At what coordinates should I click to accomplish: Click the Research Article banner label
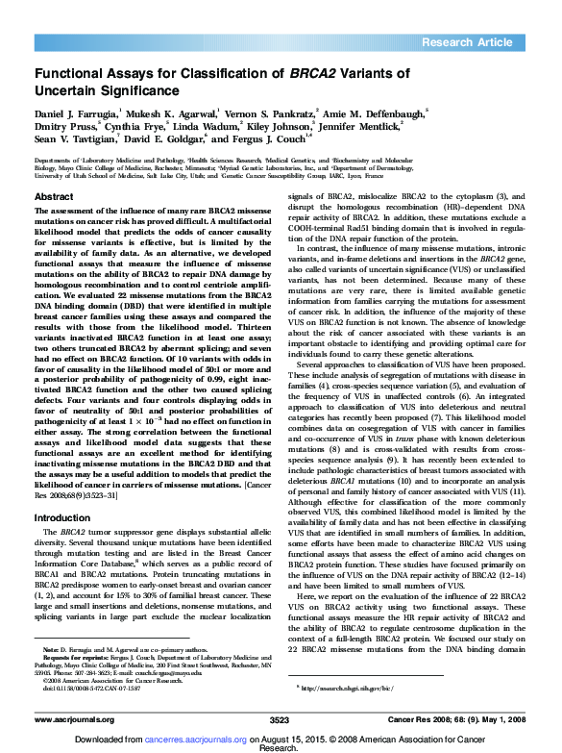(x=468, y=41)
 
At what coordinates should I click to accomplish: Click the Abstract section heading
(x=54, y=195)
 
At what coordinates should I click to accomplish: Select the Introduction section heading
(x=62, y=517)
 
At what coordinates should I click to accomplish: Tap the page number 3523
(x=279, y=719)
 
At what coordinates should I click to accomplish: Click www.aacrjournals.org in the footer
(x=76, y=719)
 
